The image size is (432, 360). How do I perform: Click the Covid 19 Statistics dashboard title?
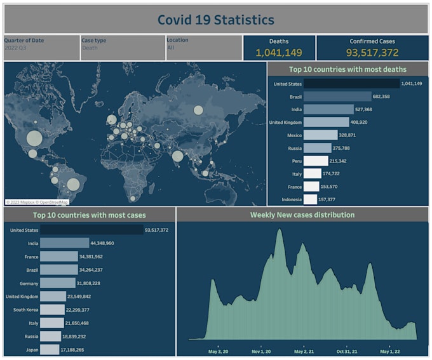(x=216, y=20)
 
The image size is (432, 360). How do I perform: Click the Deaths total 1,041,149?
(x=279, y=53)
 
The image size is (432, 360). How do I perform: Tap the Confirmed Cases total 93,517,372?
(x=372, y=53)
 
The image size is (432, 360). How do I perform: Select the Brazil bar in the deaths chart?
(x=337, y=97)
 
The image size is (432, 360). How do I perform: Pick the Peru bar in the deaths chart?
(x=316, y=161)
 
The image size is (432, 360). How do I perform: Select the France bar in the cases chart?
(x=64, y=257)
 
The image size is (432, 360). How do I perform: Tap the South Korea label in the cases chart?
(x=24, y=309)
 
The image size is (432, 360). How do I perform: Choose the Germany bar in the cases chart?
(x=58, y=283)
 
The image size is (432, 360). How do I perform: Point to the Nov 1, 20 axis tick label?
(x=260, y=350)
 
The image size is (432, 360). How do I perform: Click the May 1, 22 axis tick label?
(x=389, y=350)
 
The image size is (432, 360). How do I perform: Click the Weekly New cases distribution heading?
(x=302, y=215)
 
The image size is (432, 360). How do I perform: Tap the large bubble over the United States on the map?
(x=34, y=138)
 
